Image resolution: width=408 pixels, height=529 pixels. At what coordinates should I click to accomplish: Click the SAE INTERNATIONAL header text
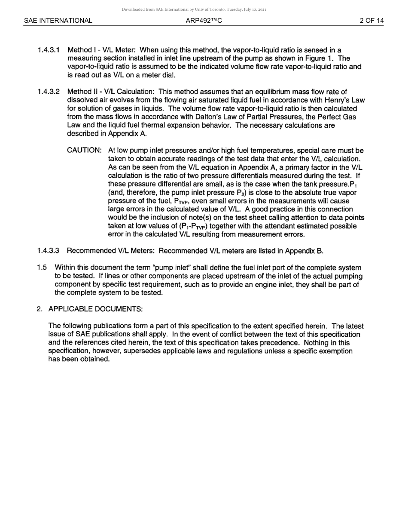pos(58,21)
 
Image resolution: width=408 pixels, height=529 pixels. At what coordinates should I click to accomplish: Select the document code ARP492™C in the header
pos(204,21)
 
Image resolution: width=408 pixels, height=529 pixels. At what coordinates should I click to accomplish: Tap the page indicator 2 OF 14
pos(371,21)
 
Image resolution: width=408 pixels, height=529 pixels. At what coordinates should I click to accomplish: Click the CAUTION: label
pos(85,151)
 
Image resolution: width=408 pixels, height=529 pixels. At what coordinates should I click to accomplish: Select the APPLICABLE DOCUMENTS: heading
pos(95,309)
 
